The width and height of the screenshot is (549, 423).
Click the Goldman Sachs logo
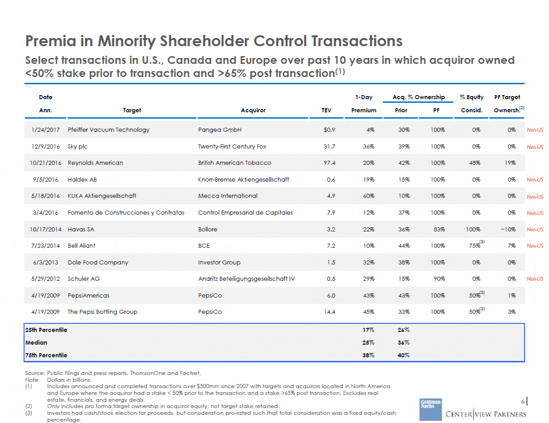point(430,409)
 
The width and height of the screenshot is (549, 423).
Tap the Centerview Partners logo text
point(486,414)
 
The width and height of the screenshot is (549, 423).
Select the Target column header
point(132,111)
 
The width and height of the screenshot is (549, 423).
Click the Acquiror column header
point(253,111)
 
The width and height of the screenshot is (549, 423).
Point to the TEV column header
point(326,111)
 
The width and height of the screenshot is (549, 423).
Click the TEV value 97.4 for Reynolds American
point(329,163)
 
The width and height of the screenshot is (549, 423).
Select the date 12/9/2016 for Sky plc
point(45,146)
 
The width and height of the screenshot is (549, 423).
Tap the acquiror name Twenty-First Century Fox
point(232,146)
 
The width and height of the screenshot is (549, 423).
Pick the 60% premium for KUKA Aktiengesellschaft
point(369,196)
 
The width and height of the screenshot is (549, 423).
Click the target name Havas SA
point(81,230)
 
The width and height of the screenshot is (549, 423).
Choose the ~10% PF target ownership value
point(508,230)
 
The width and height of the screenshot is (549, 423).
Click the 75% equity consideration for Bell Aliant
point(475,245)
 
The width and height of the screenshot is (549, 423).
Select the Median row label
point(36,342)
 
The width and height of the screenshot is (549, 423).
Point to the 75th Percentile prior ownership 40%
point(403,355)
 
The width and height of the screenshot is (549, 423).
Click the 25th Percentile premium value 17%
point(369,330)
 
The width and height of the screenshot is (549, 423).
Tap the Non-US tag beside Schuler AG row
point(535,279)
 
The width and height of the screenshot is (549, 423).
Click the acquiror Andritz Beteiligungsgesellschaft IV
point(246,279)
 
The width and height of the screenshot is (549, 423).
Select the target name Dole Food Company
point(98,263)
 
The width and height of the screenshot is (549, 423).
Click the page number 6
point(522,401)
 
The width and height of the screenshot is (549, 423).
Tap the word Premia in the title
point(50,41)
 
